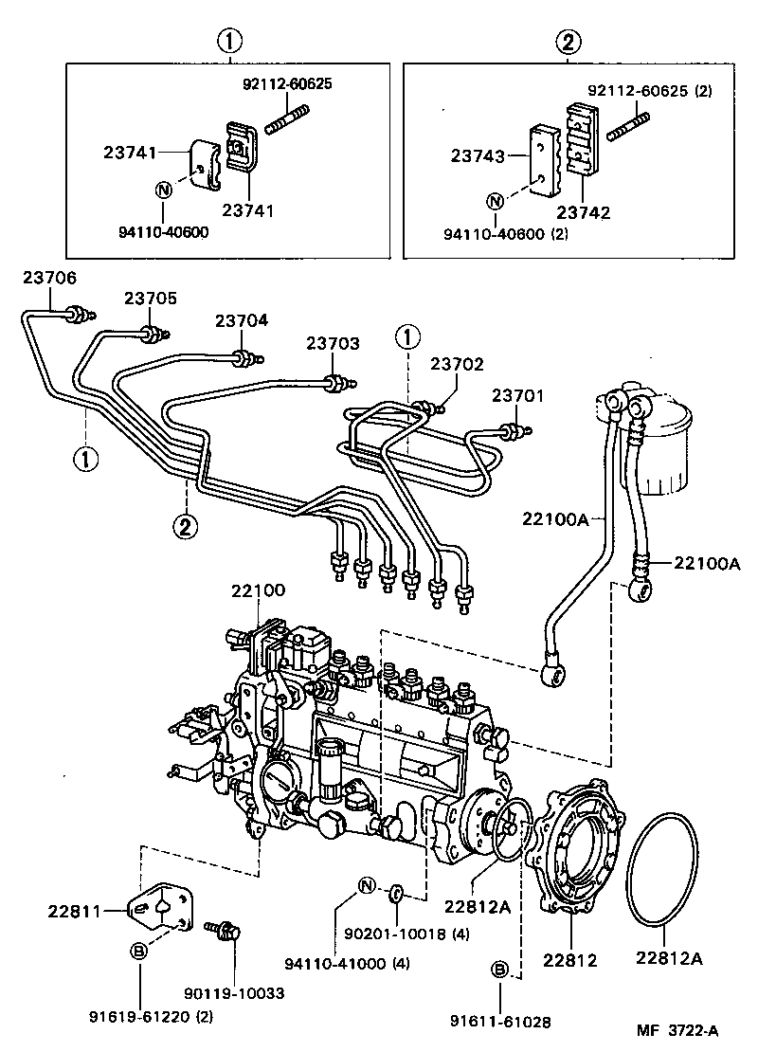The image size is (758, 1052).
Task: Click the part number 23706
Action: (50, 278)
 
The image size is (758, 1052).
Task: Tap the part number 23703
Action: (333, 343)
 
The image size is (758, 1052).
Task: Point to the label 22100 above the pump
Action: (258, 591)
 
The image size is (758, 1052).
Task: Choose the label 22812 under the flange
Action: (569, 959)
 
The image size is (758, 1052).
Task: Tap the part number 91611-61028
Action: (501, 1022)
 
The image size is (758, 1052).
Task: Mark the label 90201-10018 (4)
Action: (422, 934)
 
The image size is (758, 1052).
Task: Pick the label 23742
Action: (584, 213)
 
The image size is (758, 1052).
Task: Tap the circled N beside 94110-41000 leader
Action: (365, 887)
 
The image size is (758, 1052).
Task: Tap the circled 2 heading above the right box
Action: (567, 41)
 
